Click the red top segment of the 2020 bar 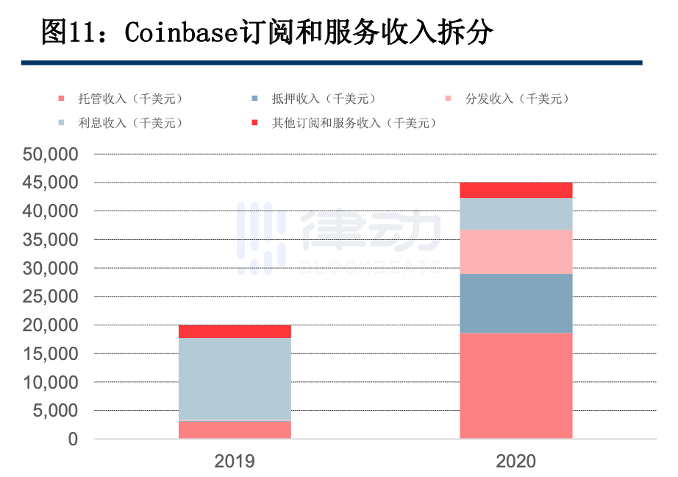tap(515, 190)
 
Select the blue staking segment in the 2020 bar tap(515, 303)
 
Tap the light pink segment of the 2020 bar tap(515, 251)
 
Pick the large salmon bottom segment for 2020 tap(515, 386)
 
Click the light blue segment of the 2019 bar tap(235, 379)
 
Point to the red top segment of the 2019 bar tap(235, 331)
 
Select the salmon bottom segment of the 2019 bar tap(235, 430)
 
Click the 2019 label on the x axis tap(235, 462)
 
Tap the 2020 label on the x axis tap(515, 462)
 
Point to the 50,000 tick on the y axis tap(51, 155)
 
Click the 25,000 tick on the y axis tap(51, 297)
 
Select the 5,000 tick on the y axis tap(55, 411)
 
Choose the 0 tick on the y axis tap(72, 439)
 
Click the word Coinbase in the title tap(182, 33)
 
